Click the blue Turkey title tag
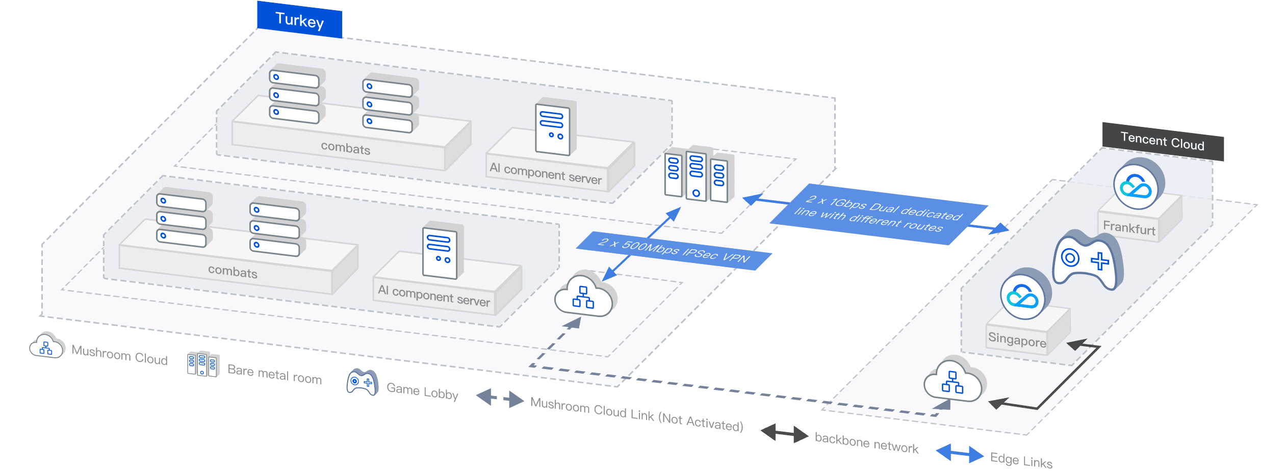299,20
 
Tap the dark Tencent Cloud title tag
1162,141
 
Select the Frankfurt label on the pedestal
1129,227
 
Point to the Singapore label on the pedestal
1017,339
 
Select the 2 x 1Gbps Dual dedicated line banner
878,214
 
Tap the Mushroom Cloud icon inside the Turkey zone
584,296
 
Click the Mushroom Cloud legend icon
46,346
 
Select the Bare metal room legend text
274,374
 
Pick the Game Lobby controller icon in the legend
362,382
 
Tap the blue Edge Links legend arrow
960,453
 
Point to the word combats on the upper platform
345,148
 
